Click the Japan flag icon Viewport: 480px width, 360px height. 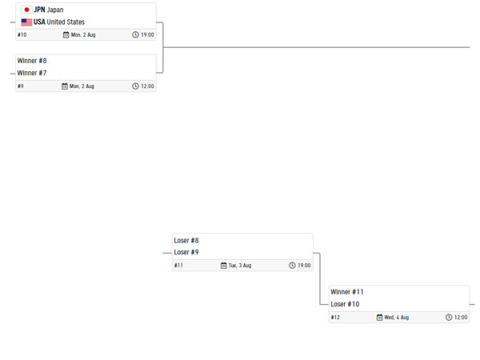coord(26,10)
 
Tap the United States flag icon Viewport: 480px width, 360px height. coord(26,22)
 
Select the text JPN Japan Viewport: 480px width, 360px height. coord(49,10)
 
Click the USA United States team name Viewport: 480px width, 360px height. coord(59,22)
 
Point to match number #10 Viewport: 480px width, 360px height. coord(22,34)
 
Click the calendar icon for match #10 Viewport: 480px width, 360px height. coord(66,34)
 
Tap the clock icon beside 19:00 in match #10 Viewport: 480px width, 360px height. coord(135,34)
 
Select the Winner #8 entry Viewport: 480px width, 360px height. coord(32,61)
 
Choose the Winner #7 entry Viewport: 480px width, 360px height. coord(32,73)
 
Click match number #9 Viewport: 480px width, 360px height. coord(21,86)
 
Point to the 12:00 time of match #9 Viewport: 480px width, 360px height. coord(147,86)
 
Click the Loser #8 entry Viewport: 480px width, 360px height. coord(186,240)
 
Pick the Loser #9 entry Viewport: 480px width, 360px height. coord(186,252)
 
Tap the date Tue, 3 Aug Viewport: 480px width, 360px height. coord(240,266)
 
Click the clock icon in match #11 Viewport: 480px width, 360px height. coord(292,265)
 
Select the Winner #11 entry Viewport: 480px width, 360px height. coord(347,292)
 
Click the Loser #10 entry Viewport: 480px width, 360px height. coord(345,304)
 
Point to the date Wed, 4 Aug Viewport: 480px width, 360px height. coord(397,318)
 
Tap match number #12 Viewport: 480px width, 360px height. coord(335,317)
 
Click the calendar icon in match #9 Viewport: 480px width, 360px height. coord(65,86)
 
